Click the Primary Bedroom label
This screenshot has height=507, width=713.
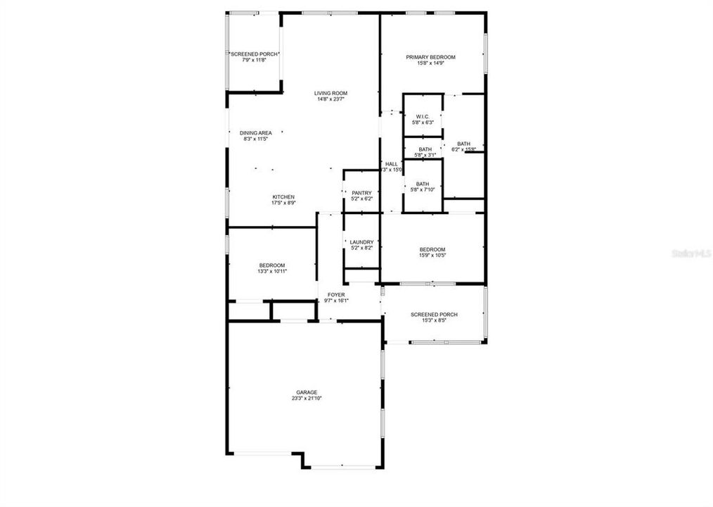(x=432, y=57)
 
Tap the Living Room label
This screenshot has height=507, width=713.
(x=330, y=93)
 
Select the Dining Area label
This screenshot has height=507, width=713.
(x=255, y=132)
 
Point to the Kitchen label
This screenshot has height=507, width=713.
(x=283, y=196)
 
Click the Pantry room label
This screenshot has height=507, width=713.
(x=361, y=193)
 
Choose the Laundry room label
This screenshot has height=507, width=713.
(x=361, y=242)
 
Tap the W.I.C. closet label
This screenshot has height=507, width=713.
(x=423, y=116)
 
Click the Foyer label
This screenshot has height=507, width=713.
(x=336, y=294)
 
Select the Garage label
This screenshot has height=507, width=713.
(x=307, y=392)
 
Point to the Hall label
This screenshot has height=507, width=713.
(x=392, y=164)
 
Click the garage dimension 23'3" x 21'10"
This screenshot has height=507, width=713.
(x=307, y=399)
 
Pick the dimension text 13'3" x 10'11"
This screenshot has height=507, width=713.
(x=271, y=271)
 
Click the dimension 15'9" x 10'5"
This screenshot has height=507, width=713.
(x=432, y=256)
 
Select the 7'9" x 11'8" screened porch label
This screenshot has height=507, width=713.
(x=253, y=60)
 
